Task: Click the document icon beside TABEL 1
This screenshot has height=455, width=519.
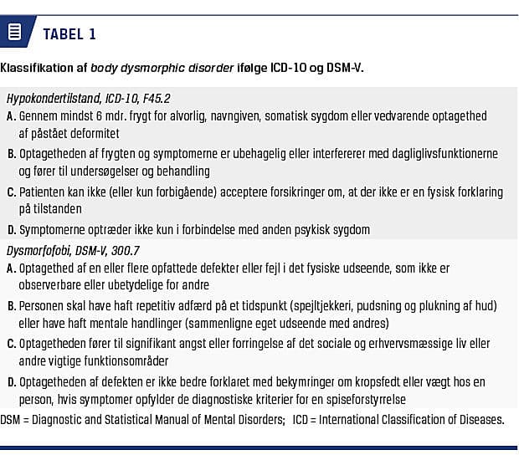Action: tap(13, 33)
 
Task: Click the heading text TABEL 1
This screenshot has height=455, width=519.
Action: tap(69, 34)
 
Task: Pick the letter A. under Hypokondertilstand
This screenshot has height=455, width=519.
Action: tap(11, 116)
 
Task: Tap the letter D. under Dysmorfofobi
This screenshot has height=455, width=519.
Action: tap(11, 382)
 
